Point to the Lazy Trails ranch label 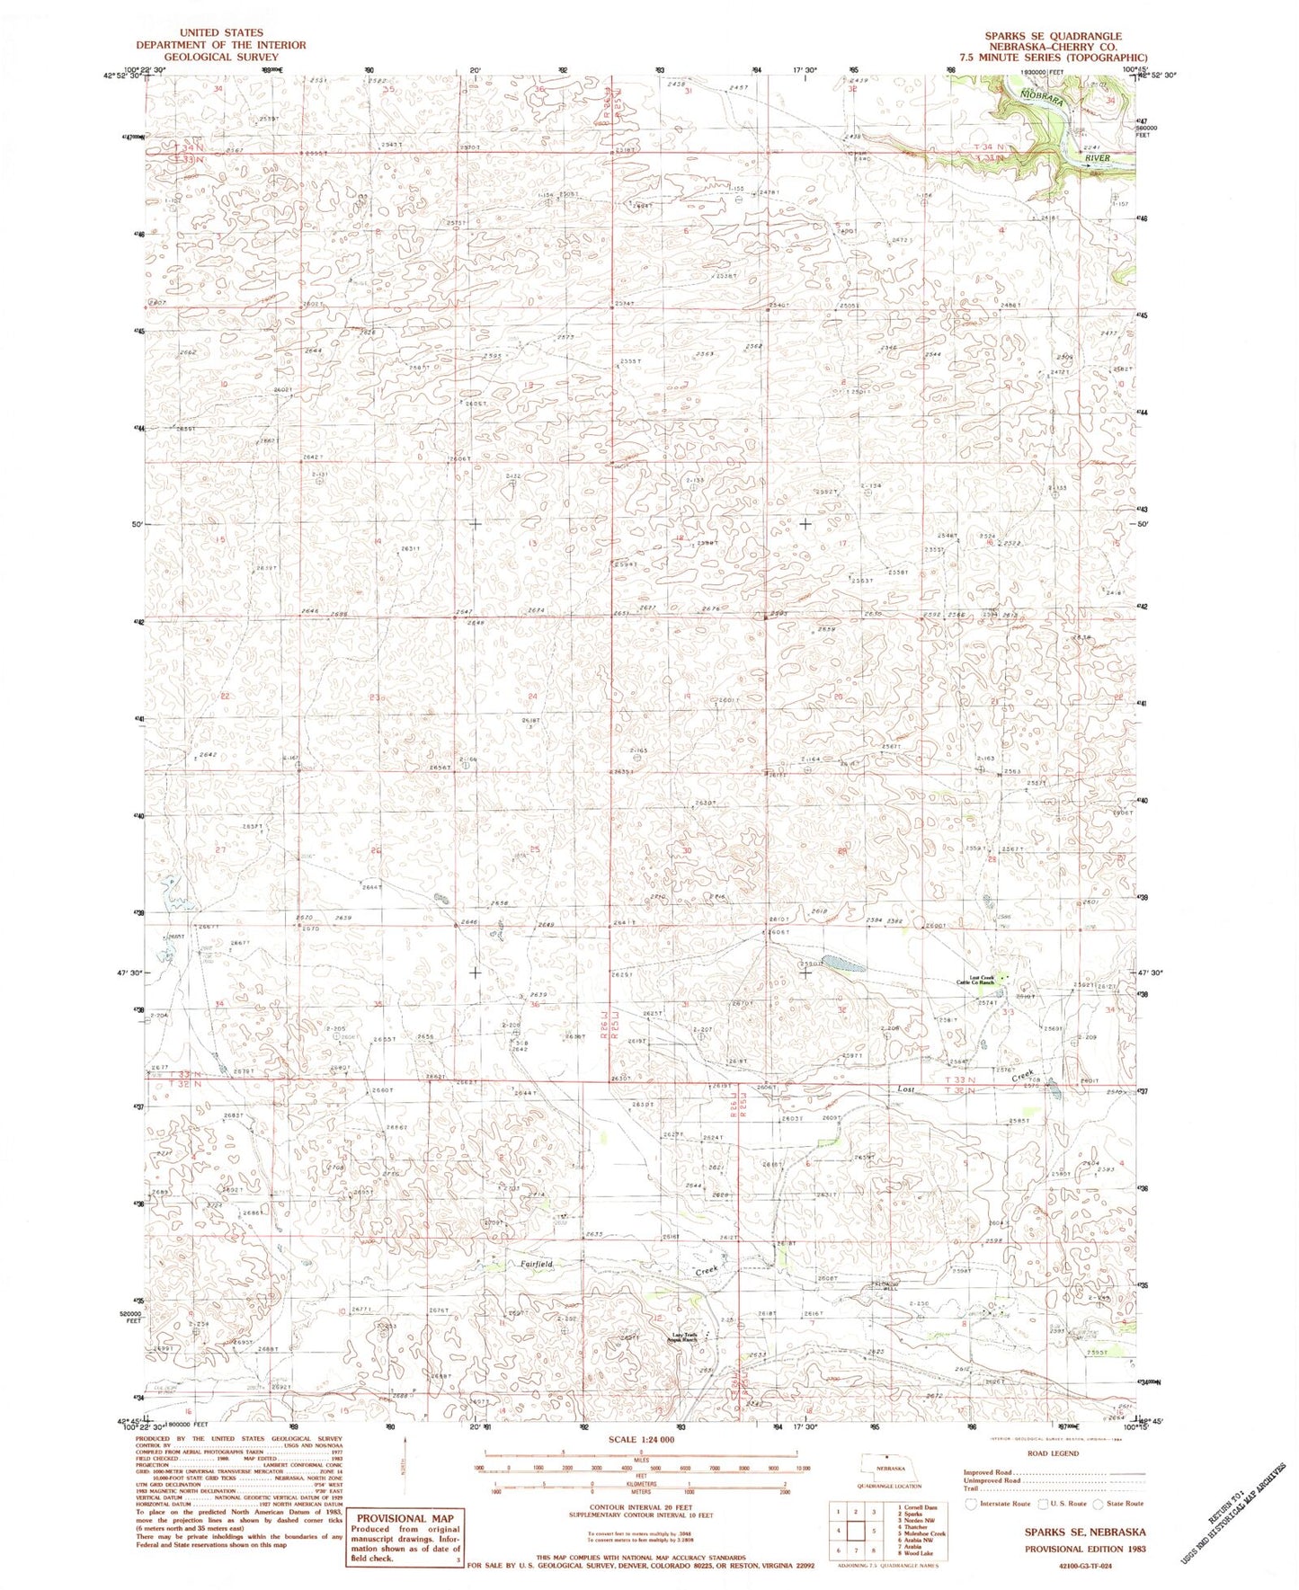click(x=686, y=1337)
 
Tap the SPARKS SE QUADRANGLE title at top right click(x=1052, y=37)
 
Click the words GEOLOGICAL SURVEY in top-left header click(x=220, y=57)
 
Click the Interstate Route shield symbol click(x=971, y=1503)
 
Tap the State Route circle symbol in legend click(x=1099, y=1503)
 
